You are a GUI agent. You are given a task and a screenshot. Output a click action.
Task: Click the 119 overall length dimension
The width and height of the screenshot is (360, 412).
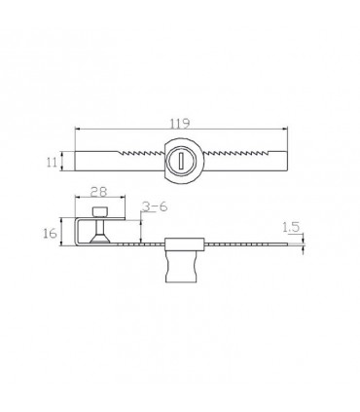coord(180,123)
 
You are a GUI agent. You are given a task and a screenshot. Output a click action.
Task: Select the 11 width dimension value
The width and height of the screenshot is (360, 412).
coord(52,162)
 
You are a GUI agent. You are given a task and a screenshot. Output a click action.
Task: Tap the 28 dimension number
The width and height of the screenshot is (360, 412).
coord(98,192)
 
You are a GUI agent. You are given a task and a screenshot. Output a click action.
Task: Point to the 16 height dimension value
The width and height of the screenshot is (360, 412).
coord(51,233)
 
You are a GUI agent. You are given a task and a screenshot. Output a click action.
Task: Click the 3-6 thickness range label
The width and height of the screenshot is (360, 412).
coord(155,206)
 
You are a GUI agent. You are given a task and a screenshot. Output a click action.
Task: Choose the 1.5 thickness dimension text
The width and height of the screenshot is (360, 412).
coord(291,227)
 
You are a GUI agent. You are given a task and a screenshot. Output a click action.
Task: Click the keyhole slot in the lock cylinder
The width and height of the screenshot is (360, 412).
coord(181,161)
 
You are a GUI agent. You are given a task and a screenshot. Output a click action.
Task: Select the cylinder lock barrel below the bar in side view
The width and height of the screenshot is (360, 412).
coord(181,267)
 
